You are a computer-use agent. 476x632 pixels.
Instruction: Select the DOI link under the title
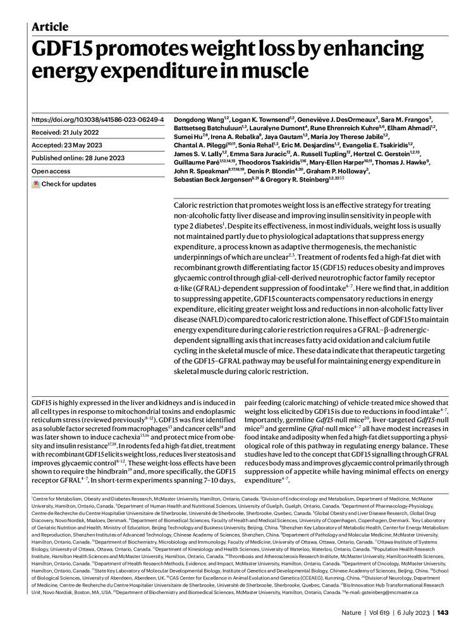point(97,119)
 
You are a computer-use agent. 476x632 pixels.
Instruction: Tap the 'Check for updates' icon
point(36,184)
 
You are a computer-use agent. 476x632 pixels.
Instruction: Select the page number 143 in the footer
point(442,612)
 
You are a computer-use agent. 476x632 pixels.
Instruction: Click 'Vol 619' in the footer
point(382,612)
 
